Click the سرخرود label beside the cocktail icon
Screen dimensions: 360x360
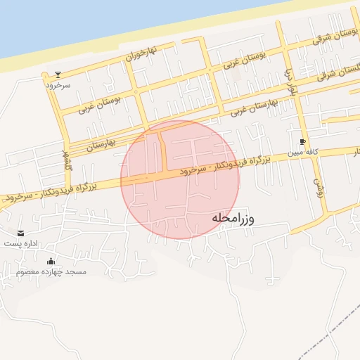[59, 84]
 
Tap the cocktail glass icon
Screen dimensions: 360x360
[58, 74]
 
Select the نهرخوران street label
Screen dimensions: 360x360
[141, 52]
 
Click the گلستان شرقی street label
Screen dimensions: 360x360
[333, 71]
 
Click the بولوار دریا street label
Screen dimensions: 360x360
[288, 83]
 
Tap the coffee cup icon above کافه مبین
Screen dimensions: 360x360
[303, 141]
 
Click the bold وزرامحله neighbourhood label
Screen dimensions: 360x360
[243, 219]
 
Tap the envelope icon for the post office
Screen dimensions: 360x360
[20, 233]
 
